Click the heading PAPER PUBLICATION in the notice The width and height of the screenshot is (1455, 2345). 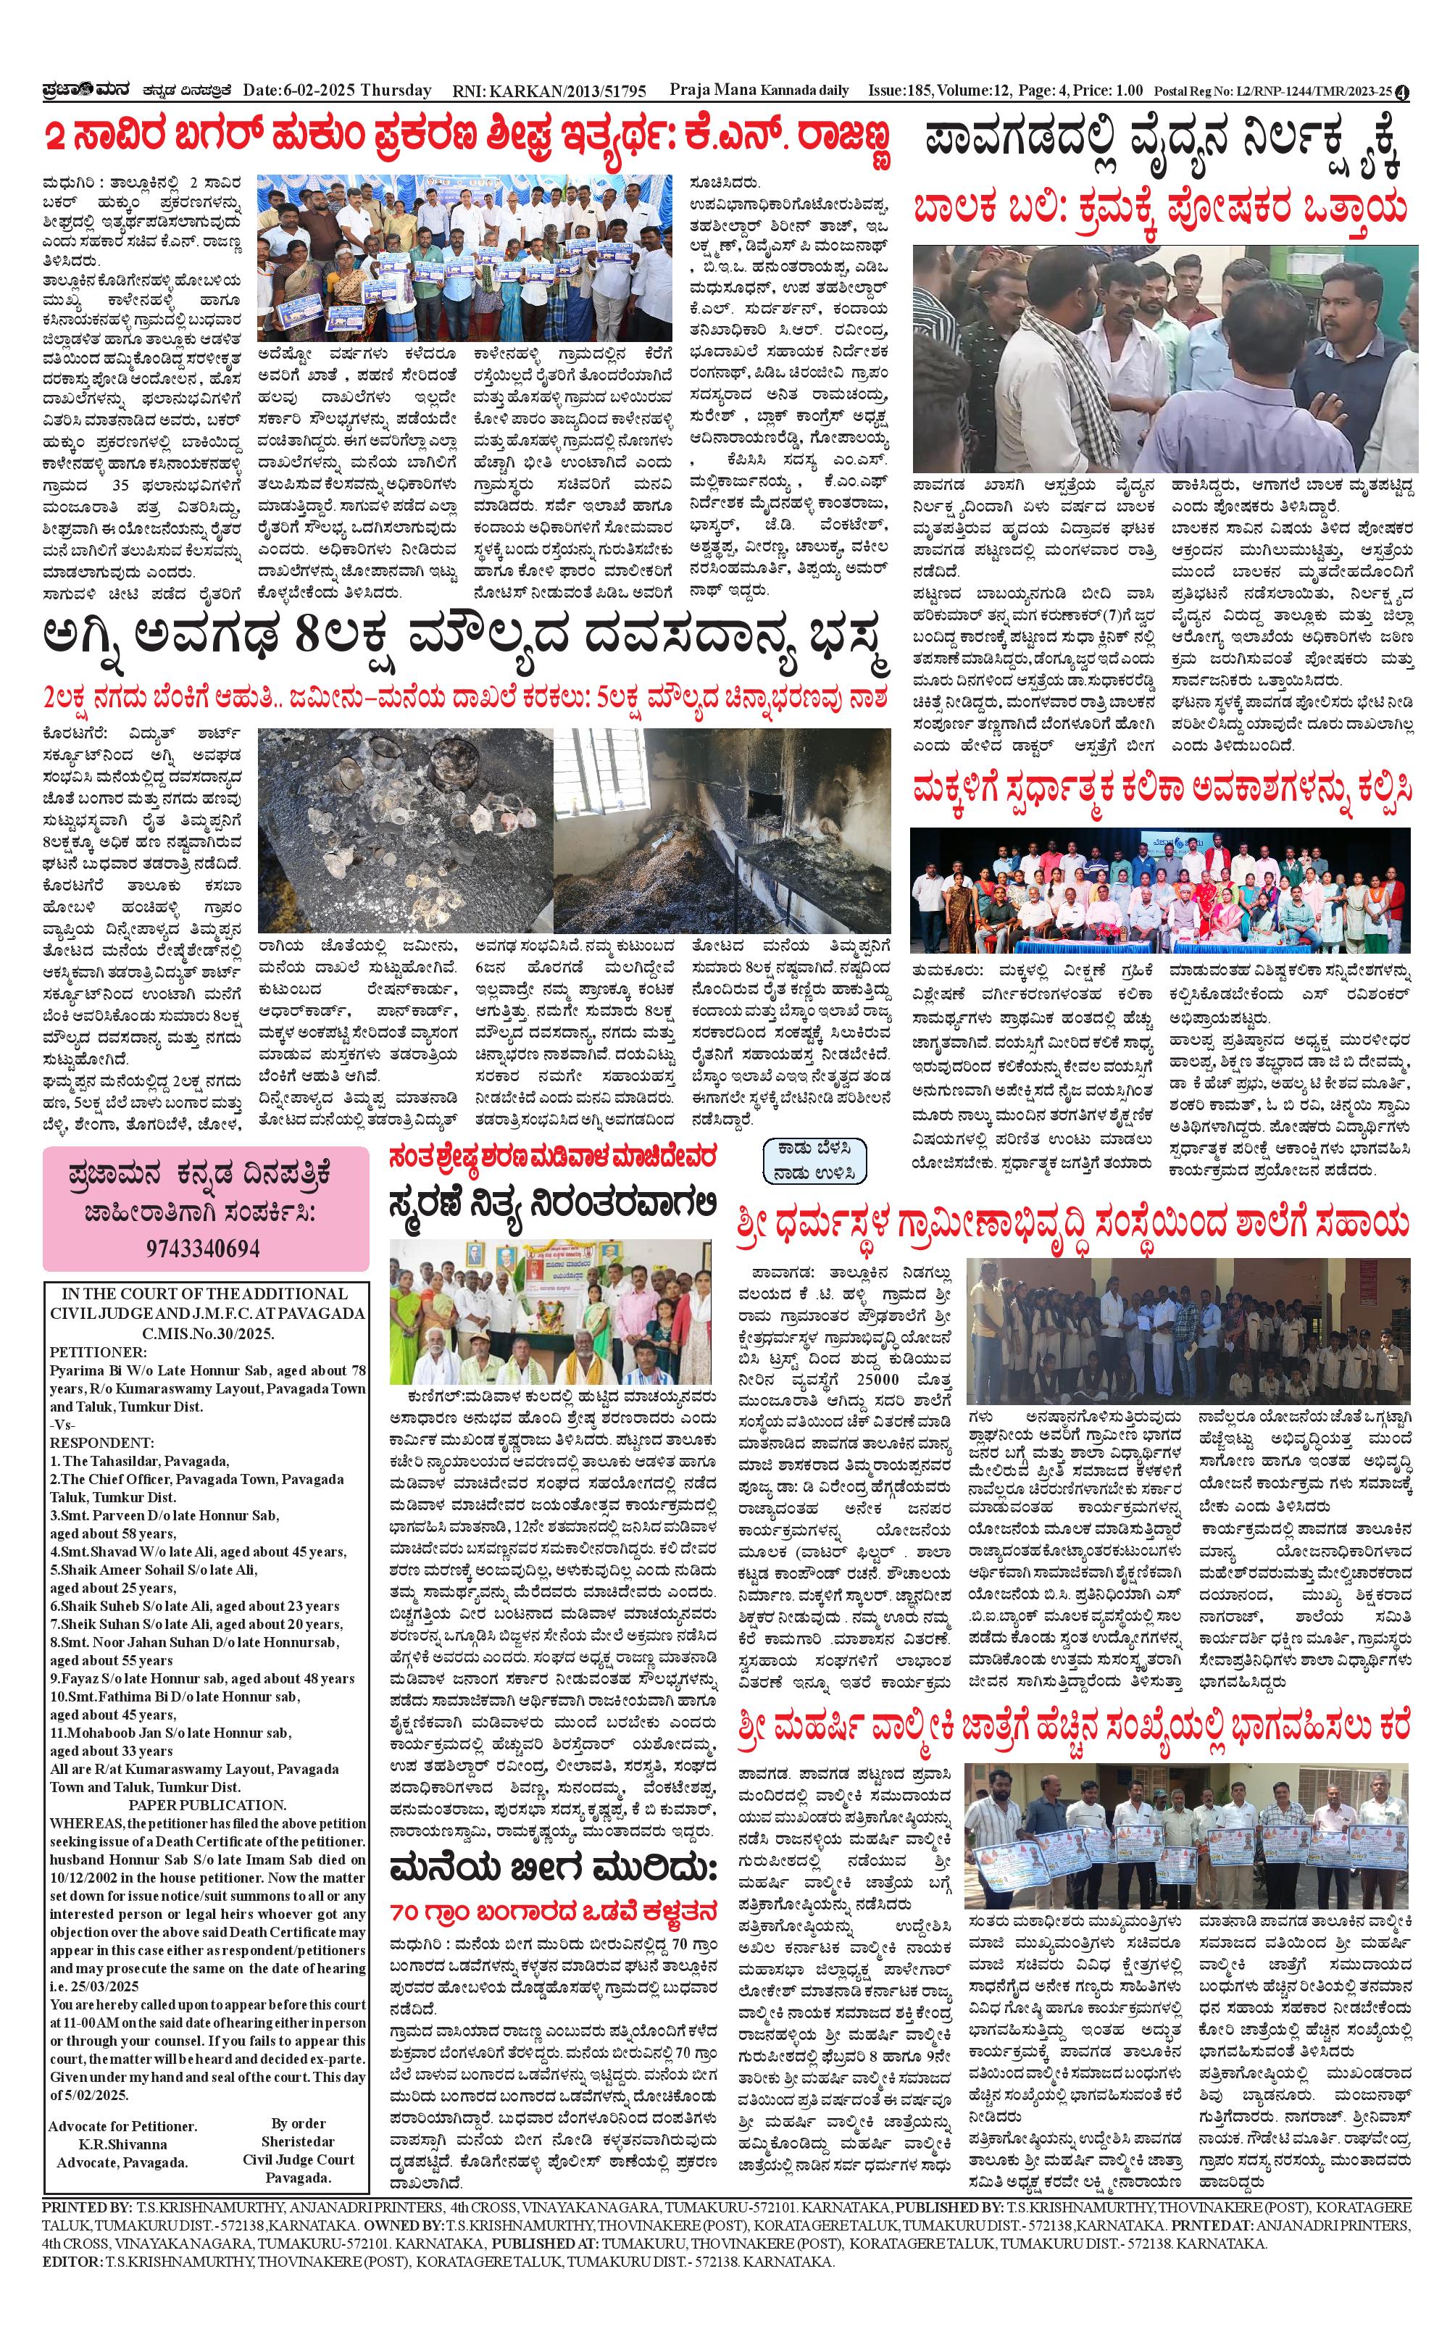(x=207, y=1804)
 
